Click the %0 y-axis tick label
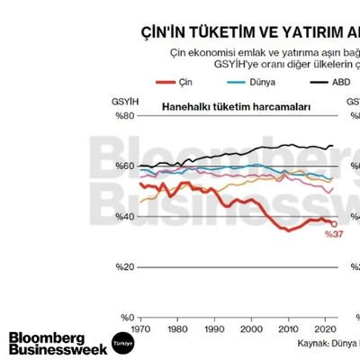click(x=125, y=317)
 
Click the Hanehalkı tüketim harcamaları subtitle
click(x=236, y=106)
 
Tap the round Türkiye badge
click(x=121, y=344)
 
